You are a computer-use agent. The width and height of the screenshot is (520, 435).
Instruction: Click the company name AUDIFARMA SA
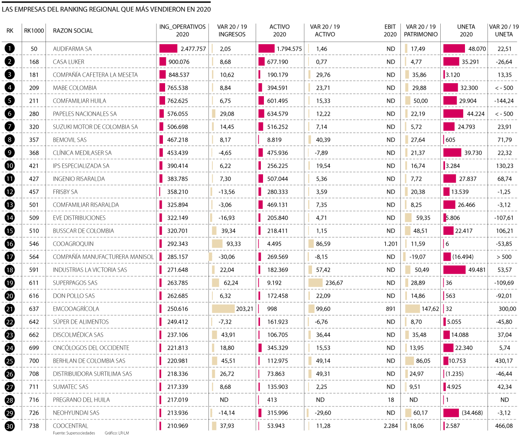coord(72,49)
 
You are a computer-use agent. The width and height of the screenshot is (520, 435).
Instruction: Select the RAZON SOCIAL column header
coord(73,31)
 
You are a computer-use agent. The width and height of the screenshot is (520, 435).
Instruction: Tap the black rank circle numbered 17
coord(10,257)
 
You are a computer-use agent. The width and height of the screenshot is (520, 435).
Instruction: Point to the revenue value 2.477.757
coord(193,49)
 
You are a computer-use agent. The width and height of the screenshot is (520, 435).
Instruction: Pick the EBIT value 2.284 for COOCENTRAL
coord(390,426)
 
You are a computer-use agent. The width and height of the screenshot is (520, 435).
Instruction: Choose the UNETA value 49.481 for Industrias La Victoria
coord(477,270)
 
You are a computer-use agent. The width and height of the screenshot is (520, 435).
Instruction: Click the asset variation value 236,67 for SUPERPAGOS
coord(334,283)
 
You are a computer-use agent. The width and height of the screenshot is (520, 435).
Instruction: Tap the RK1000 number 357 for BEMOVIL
coord(34,140)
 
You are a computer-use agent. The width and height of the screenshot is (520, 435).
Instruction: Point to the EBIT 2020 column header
coord(390,30)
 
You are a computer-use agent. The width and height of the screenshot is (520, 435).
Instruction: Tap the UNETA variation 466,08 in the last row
coord(504,426)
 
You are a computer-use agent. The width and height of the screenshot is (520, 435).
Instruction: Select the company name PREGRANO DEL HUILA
coord(81,400)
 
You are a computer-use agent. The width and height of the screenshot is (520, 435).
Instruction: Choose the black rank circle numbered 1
coord(10,49)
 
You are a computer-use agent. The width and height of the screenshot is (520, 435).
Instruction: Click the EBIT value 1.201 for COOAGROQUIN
coord(390,244)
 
